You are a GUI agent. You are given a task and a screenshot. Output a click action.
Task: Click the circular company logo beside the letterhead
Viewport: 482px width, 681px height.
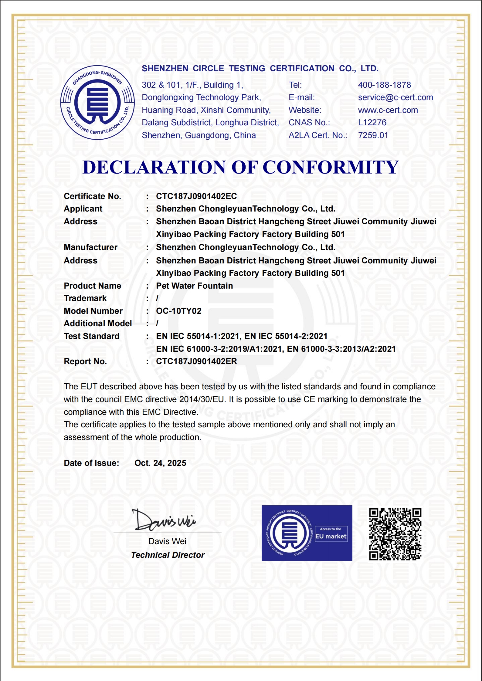(x=97, y=103)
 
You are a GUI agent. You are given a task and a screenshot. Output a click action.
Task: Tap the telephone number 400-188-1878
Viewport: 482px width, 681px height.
(x=384, y=85)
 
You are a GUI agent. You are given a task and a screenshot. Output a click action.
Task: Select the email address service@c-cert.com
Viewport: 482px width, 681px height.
(x=395, y=97)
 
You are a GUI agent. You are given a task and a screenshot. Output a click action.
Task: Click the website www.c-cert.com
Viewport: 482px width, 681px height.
(x=388, y=110)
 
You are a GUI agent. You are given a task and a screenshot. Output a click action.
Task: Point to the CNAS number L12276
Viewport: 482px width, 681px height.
(x=372, y=123)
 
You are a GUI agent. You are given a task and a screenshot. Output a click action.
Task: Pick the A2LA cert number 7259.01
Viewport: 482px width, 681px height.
(x=373, y=135)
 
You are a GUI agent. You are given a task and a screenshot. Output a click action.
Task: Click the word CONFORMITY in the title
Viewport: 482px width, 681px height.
(x=330, y=167)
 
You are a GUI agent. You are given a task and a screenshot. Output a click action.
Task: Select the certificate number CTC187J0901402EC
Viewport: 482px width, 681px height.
(x=196, y=196)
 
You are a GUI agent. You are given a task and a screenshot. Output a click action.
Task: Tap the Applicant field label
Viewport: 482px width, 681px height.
(x=83, y=209)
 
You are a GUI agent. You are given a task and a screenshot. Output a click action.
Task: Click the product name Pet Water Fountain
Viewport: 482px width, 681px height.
(x=194, y=286)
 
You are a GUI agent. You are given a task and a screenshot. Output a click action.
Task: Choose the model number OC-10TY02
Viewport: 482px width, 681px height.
(x=178, y=311)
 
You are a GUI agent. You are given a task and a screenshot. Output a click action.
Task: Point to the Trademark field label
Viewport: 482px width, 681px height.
(x=85, y=298)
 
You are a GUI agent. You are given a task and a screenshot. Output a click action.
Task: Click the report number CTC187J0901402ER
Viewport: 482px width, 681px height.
(x=196, y=361)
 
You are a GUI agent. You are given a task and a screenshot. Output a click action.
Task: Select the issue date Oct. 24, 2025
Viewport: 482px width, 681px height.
(x=160, y=463)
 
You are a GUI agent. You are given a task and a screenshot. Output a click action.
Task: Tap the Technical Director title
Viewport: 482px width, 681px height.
(x=168, y=555)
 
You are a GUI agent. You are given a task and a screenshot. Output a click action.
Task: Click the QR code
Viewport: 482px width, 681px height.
(x=395, y=534)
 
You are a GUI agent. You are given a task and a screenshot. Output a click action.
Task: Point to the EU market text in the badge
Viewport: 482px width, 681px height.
(x=331, y=537)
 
